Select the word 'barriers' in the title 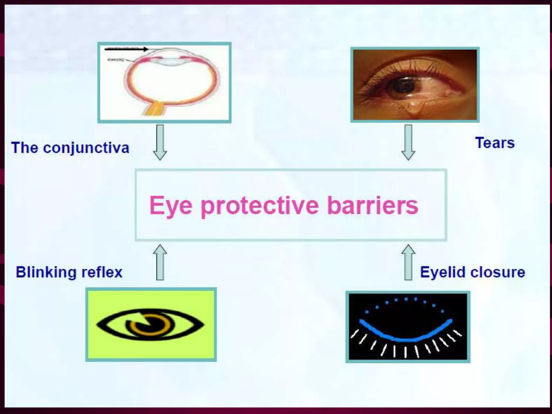(372, 206)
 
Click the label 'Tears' (495, 143)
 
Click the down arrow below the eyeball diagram (160, 142)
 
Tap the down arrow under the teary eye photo (408, 142)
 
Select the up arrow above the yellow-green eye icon (160, 262)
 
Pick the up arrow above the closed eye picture (408, 262)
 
